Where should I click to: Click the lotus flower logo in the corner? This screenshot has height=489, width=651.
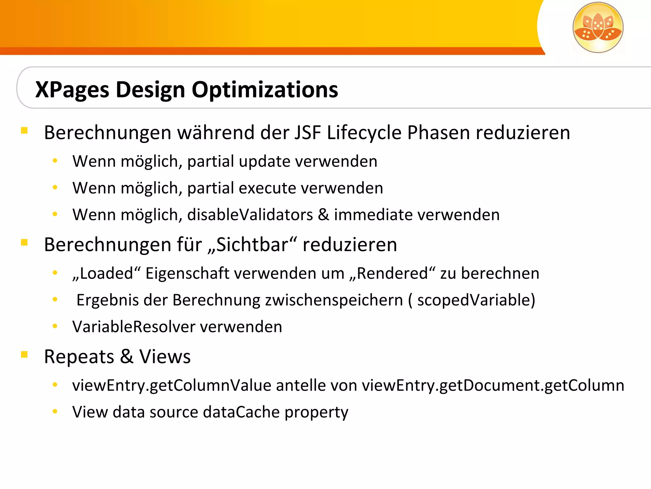[x=598, y=27]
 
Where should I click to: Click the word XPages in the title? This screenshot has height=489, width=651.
[x=72, y=90]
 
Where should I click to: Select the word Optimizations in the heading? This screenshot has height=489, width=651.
[x=265, y=90]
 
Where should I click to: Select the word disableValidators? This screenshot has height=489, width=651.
[x=250, y=215]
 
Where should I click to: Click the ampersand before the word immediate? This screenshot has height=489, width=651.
[x=323, y=215]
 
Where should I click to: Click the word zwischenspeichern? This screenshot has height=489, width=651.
[x=334, y=300]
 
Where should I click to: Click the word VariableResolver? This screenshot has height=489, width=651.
[x=134, y=327]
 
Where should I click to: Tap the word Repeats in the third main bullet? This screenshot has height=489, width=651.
[x=79, y=357]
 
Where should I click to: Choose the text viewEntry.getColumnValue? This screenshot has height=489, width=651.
[x=171, y=386]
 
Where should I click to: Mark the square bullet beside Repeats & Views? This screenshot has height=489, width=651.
[x=24, y=354]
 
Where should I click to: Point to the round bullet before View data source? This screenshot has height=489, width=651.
[x=55, y=412]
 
